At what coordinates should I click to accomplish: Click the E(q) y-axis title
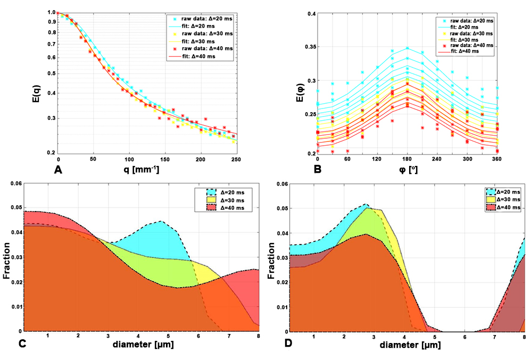click(34, 82)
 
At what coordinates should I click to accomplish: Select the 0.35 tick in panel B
click(307, 47)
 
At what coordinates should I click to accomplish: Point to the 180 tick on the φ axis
click(408, 159)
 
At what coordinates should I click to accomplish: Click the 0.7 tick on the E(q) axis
click(52, 45)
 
